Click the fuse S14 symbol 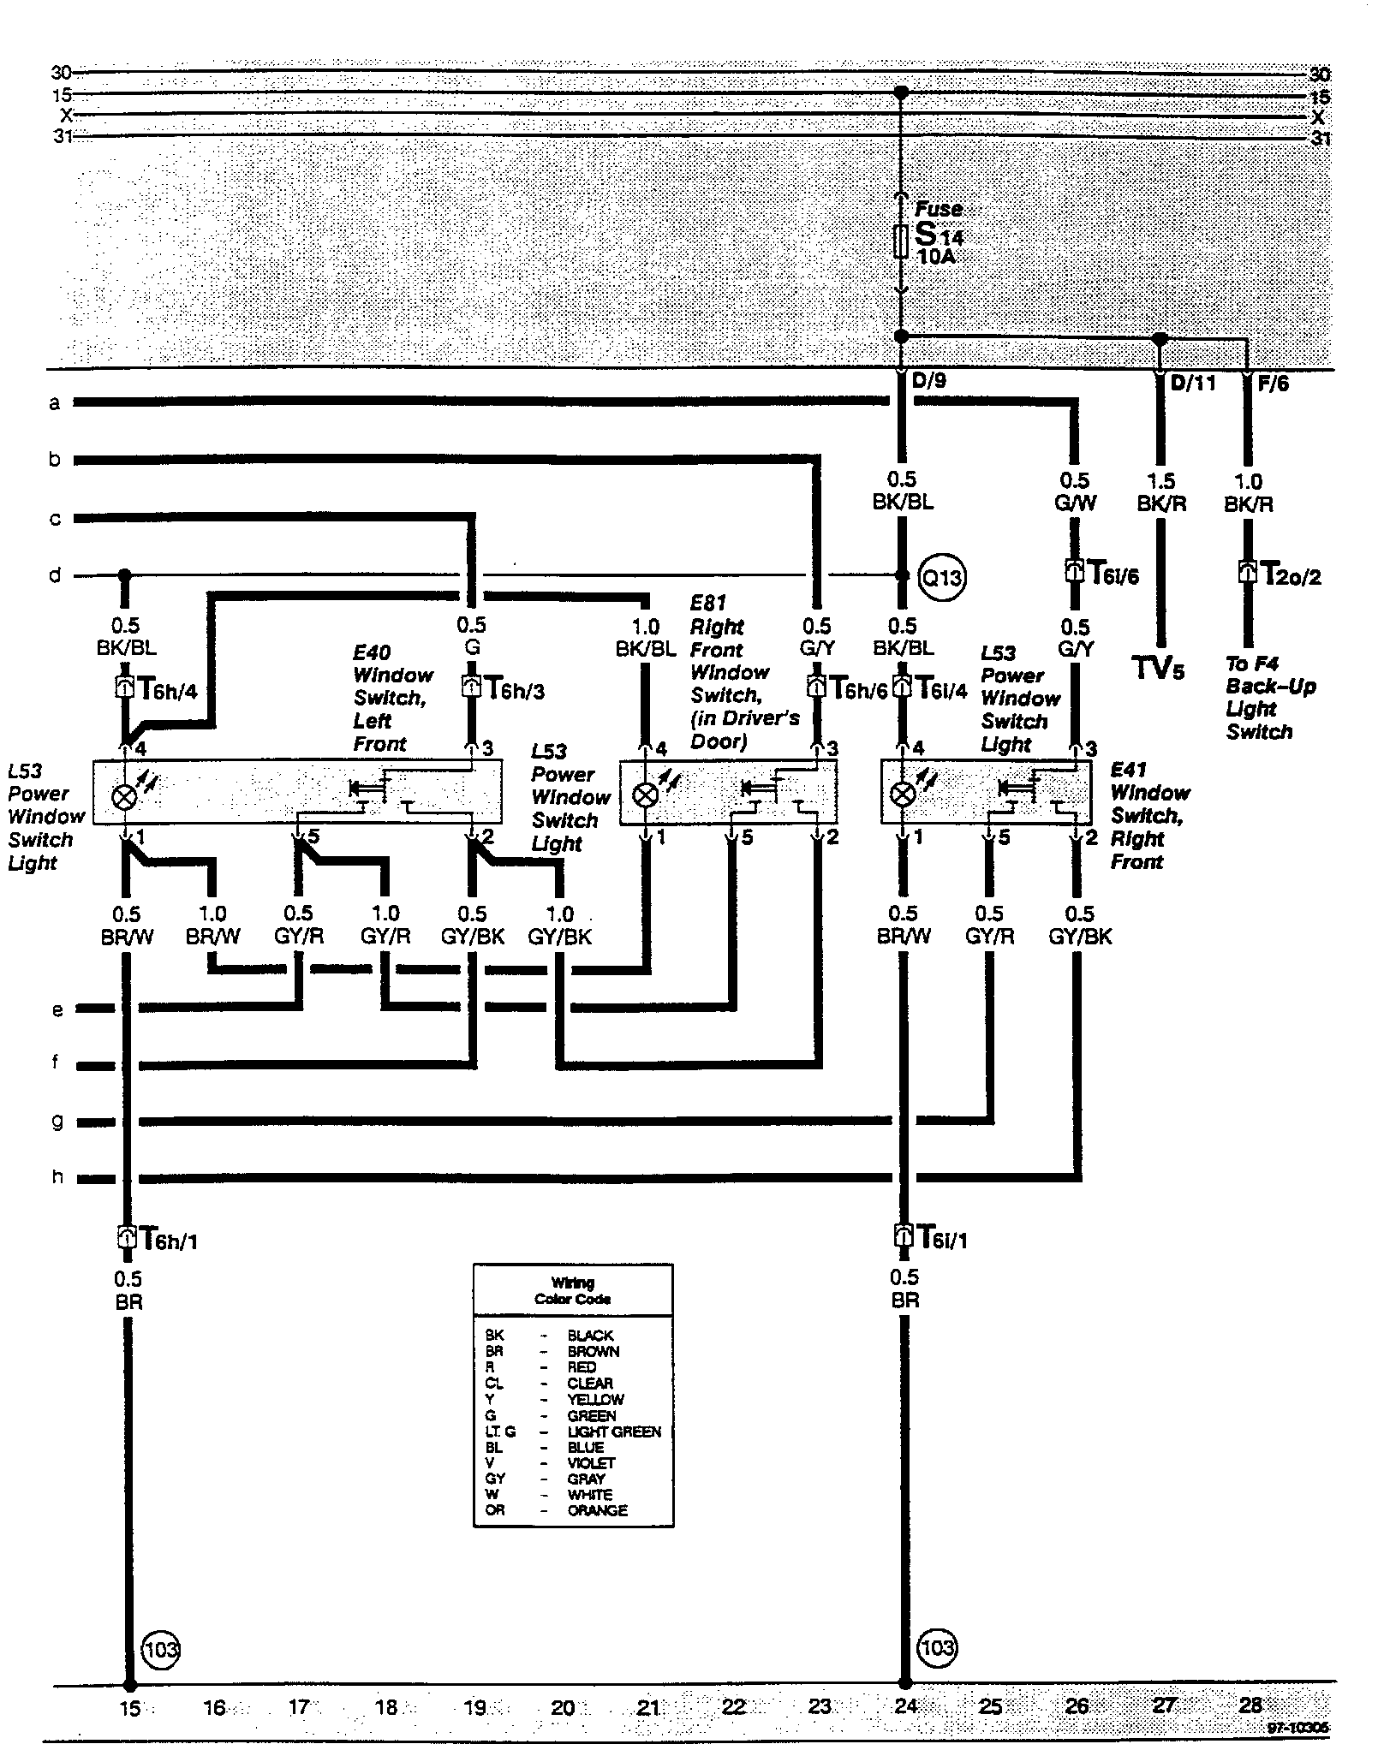[900, 241]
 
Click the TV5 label [1159, 668]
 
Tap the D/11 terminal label [1192, 384]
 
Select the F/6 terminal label [1273, 384]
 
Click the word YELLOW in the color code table [595, 1399]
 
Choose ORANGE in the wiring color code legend [597, 1510]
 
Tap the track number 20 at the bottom [562, 1707]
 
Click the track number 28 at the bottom [1250, 1705]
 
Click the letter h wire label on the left [57, 1176]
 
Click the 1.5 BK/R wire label [1160, 492]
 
